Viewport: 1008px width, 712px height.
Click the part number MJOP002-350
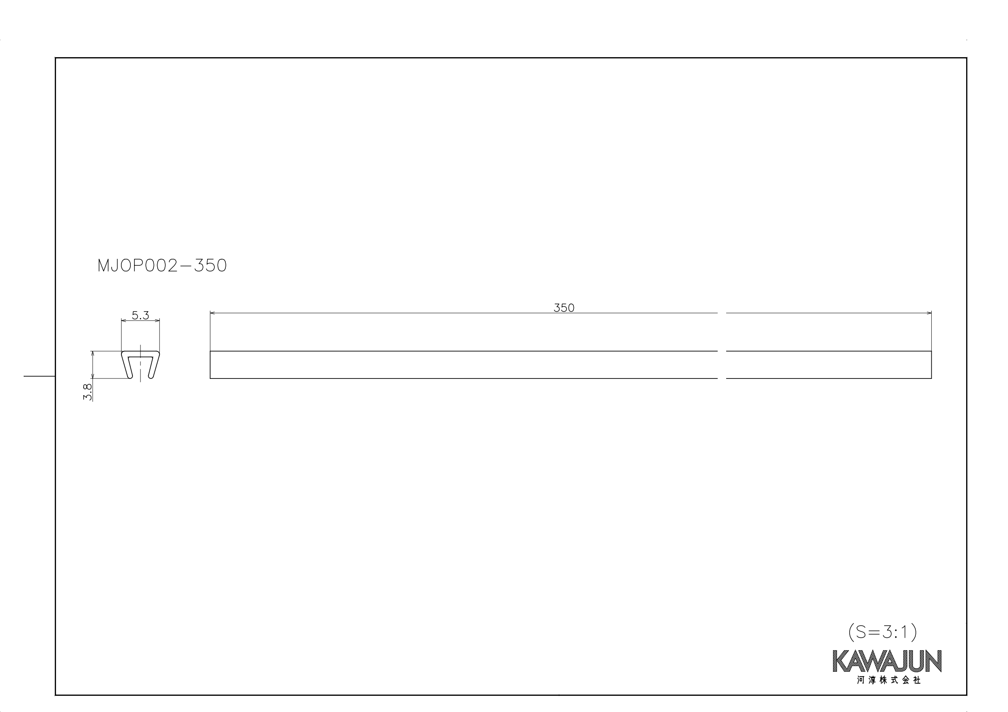[x=162, y=265]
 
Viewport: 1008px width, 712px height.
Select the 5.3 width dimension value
[x=141, y=315]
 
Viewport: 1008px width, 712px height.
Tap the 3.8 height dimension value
[x=87, y=392]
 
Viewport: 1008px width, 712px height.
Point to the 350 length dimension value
[x=564, y=308]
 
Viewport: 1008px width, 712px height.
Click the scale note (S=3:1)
[x=883, y=632]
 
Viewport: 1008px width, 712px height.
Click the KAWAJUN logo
[x=887, y=661]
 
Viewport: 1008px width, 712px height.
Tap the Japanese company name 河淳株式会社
[x=889, y=680]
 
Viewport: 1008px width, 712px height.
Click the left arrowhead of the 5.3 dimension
[x=123, y=321]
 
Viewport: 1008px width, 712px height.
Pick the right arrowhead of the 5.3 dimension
[x=157, y=321]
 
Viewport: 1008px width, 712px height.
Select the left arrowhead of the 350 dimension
[x=212, y=313]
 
